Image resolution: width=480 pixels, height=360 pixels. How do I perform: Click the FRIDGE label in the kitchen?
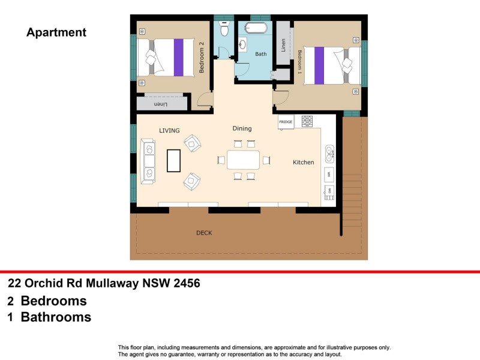[286, 122]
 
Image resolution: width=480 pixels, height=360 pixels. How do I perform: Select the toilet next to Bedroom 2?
[224, 29]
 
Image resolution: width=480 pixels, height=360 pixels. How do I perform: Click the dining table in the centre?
[243, 160]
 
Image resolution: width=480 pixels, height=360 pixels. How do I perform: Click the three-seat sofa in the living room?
[147, 161]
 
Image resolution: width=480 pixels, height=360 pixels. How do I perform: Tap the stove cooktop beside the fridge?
[307, 122]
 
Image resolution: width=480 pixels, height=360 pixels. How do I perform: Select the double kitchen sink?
[329, 154]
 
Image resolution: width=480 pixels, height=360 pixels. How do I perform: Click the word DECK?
[204, 233]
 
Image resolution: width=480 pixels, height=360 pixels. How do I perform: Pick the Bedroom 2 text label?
[202, 58]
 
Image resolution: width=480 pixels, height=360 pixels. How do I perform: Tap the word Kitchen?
[303, 163]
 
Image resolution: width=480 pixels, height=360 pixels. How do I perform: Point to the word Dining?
[242, 128]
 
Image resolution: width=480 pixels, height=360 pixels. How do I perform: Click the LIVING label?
[169, 130]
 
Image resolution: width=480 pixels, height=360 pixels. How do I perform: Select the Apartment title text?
[56, 32]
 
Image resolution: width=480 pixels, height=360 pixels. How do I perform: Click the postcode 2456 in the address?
[187, 283]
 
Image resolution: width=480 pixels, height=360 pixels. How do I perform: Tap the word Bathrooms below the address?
[56, 317]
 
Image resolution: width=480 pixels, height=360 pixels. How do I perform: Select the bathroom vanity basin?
[244, 43]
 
